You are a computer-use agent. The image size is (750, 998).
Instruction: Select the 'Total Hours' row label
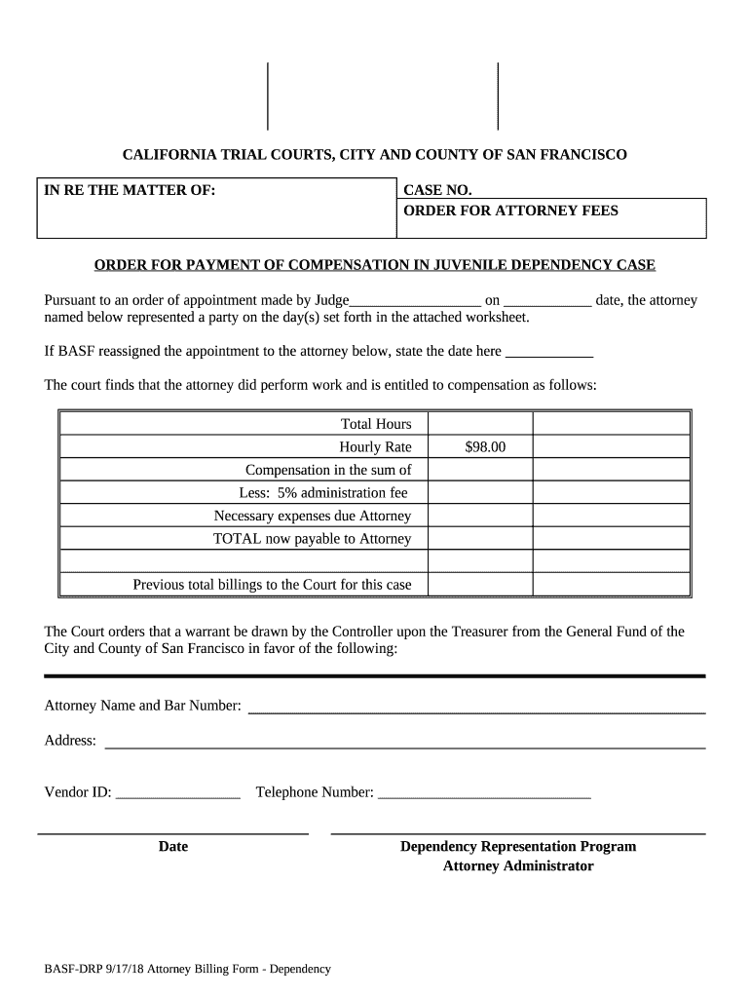[x=376, y=424]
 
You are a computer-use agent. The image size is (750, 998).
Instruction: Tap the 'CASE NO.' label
[x=437, y=190]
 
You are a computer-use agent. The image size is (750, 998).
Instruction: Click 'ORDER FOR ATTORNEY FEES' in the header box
[x=510, y=211]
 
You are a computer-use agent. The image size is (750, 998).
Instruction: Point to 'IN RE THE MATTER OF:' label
[x=130, y=190]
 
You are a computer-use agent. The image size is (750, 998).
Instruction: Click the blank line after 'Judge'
[x=414, y=301]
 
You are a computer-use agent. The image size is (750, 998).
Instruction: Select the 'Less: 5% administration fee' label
[x=323, y=492]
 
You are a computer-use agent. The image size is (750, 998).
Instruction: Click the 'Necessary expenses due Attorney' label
[x=312, y=516]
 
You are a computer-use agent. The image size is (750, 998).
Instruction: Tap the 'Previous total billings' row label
[x=272, y=585]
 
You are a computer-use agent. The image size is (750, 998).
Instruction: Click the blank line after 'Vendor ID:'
[x=178, y=793]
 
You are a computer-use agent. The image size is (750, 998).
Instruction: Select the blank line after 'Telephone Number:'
[x=483, y=793]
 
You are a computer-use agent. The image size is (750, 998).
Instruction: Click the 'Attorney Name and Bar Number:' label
[x=143, y=706]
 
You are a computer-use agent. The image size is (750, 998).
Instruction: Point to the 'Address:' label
[x=70, y=741]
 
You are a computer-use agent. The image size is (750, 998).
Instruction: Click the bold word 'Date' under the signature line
[x=173, y=847]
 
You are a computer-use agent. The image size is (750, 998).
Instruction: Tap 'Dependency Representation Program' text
[x=518, y=847]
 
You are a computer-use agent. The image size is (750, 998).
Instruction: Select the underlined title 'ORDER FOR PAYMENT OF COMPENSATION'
[x=374, y=265]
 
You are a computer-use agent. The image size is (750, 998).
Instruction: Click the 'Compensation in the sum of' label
[x=328, y=470]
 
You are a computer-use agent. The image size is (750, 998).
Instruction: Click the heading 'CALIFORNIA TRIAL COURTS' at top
[x=374, y=155]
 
